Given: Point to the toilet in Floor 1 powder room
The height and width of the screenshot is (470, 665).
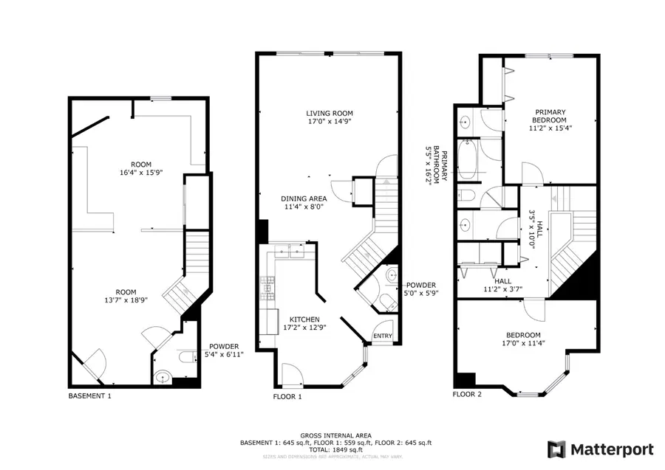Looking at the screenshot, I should (x=385, y=301).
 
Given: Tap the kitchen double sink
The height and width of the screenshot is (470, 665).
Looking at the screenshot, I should (x=293, y=252).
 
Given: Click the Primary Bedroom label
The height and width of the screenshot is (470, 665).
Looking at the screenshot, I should (x=550, y=116).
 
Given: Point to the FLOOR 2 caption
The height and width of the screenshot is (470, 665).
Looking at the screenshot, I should (x=467, y=394).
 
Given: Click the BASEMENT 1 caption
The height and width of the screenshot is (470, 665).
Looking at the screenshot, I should (x=89, y=395).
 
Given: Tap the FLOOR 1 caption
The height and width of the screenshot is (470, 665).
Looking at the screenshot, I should (x=287, y=396).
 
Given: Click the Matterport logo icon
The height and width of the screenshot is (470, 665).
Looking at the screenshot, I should (x=556, y=449).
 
